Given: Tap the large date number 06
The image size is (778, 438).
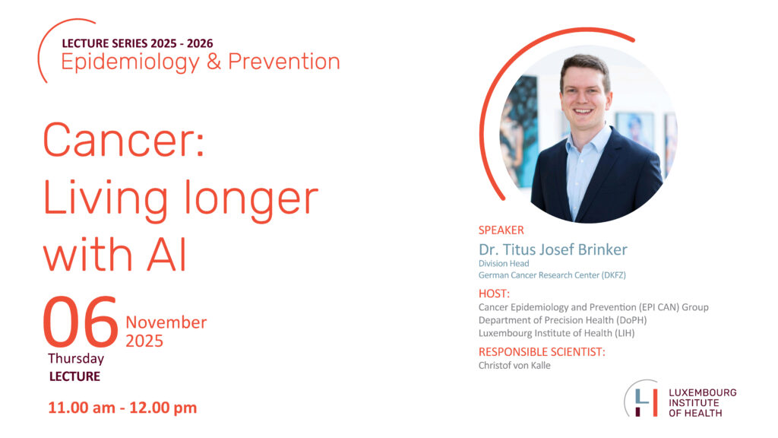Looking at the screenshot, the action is coord(81,322).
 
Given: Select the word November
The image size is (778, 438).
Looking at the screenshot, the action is coord(166,322).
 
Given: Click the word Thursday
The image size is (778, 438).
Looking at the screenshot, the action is coord(76,359).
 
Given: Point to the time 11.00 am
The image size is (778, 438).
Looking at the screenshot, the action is coord(82,408).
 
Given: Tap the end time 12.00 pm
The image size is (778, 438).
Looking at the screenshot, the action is coord(163,408).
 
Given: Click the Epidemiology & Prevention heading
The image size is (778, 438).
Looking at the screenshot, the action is coord(201,62).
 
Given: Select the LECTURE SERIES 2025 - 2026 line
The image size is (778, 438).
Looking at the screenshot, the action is coord(138,43).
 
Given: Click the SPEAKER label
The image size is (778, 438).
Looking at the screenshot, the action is coord(501,230).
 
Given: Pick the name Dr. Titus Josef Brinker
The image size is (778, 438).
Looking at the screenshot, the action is coord(553,249).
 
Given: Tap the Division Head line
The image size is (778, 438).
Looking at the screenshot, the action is coord(504,263).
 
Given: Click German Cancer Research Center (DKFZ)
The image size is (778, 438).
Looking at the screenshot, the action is coord(552,275).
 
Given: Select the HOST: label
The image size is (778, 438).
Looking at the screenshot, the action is coord(494,294).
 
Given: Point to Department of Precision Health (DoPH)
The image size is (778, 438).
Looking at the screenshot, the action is coord(563,320).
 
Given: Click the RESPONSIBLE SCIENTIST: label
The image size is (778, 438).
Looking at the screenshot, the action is coord(542,352).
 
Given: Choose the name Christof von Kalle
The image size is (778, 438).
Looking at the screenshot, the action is coord(514,366).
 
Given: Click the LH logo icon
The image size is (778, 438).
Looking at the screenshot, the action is coord(642,398).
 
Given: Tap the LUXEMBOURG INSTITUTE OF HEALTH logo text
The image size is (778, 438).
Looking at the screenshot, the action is coord(702,403).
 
